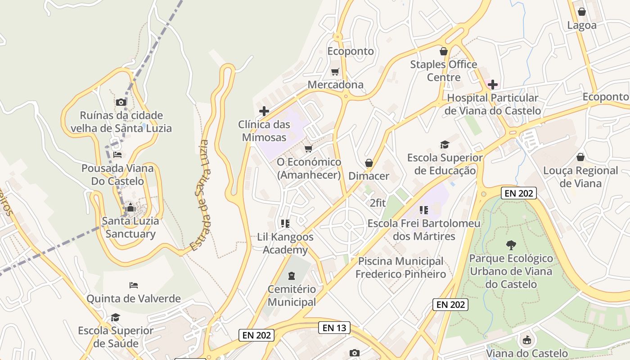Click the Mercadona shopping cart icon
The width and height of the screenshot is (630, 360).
coord(335,72)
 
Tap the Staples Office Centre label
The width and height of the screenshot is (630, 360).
coord(443,71)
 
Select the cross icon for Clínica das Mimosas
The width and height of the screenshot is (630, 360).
coord(264,111)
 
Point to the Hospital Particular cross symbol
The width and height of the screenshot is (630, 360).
coord(493,84)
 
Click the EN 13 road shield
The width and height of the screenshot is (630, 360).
coord(334,328)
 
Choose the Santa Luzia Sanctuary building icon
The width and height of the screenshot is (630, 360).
coord(130,207)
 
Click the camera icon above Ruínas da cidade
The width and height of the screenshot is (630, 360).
coord(121,102)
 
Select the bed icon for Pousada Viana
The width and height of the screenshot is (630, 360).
coord(117,155)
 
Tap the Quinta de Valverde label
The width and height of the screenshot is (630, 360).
coord(134,298)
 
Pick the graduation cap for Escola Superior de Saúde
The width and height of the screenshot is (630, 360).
coord(116,317)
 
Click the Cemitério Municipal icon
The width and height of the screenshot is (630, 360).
coord(292,275)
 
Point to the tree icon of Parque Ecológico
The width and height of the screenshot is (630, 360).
coord(511,245)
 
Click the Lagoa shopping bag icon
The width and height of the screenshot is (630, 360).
coord(582,12)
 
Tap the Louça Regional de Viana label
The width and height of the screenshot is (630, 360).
coord(580,177)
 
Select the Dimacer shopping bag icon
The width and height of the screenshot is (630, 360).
coord(369,162)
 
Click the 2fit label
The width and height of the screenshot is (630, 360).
coord(378,203)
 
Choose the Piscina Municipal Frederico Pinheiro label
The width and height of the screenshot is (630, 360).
coord(400,267)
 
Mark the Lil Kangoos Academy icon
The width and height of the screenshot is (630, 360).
coord(285,223)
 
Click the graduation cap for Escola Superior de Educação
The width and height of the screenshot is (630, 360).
coord(445,144)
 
